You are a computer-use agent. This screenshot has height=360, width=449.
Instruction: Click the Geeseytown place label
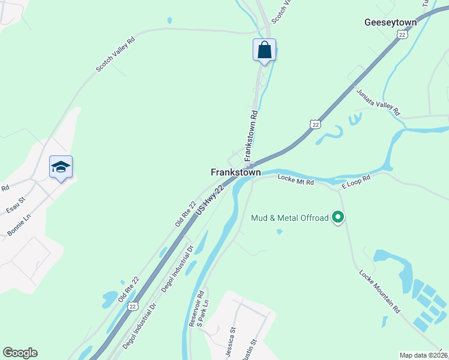pyautogui.click(x=391, y=22)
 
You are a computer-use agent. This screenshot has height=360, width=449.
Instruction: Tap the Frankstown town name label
pyautogui.click(x=236, y=172)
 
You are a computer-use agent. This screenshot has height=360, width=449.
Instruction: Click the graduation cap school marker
pyautogui.click(x=61, y=167)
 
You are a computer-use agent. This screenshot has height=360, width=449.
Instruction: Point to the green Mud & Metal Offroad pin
pyautogui.click(x=338, y=217)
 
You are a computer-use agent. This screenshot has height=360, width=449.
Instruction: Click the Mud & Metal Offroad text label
pyautogui.click(x=290, y=218)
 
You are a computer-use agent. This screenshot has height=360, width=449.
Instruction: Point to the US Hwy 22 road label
pyautogui.click(x=210, y=202)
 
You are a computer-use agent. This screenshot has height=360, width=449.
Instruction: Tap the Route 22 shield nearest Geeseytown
pyautogui.click(x=400, y=35)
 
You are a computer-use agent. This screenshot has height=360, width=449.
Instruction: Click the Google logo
pyautogui.click(x=20, y=353)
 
